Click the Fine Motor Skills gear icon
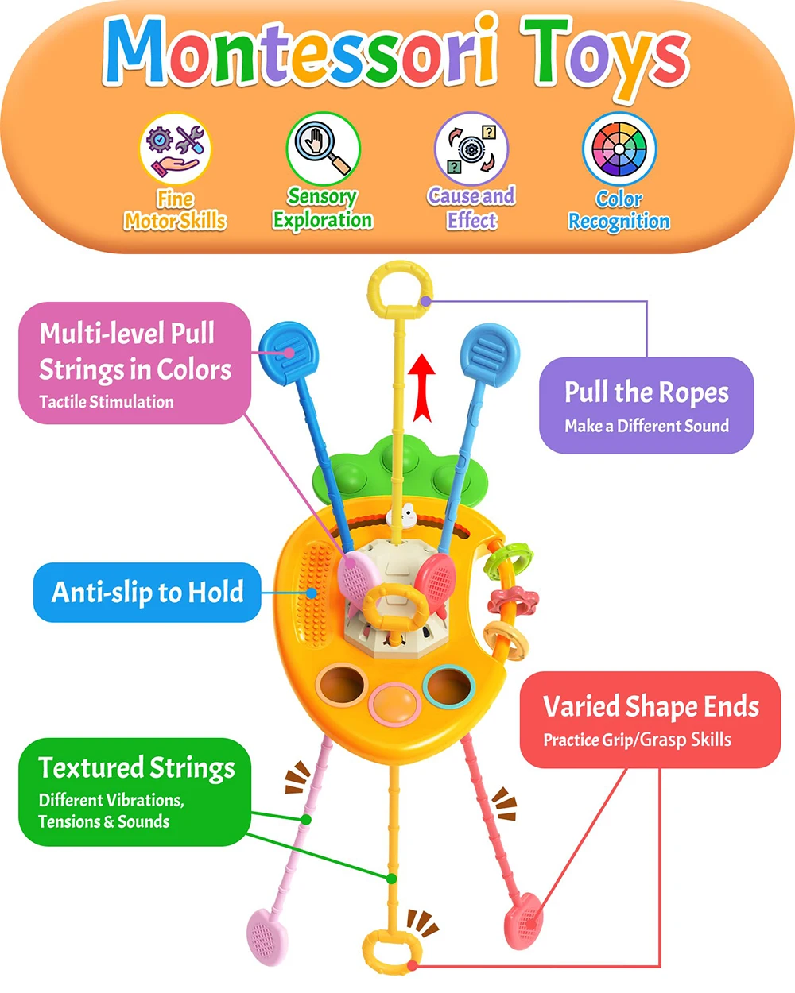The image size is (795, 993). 175,149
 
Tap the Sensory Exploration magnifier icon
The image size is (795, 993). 323,148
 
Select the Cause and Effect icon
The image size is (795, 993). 471,149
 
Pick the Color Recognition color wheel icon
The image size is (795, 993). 619,149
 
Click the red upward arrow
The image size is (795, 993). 424,386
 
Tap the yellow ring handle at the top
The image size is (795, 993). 400,290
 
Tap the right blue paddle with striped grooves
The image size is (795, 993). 491,350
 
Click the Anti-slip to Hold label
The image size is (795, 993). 147,593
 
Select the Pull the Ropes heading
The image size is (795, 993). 646,392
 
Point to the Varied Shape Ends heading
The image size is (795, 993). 650,706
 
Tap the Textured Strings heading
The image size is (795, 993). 137,767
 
